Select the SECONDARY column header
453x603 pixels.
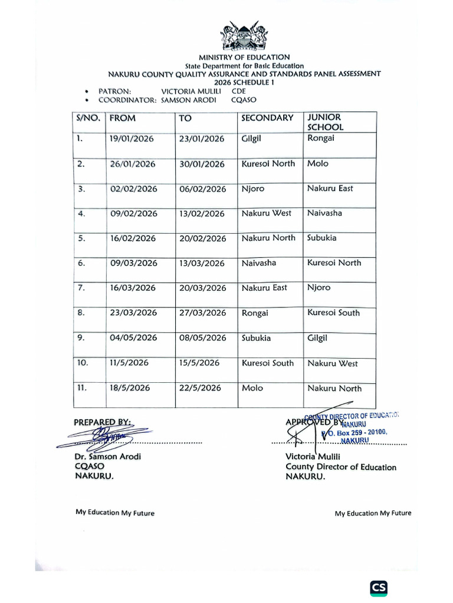coord(267,118)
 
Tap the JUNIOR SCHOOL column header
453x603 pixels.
coord(325,122)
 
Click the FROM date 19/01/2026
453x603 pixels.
coord(132,139)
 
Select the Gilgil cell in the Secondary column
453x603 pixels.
coord(254,139)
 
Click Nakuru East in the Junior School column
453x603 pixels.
coord(330,188)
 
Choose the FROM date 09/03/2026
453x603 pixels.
coord(133,263)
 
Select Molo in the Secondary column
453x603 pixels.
coord(252,388)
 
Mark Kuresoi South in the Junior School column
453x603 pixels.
coord(333,313)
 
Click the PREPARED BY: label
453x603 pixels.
coord(103,422)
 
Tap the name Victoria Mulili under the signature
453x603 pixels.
coord(313,456)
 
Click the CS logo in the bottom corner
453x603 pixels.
coord(379,588)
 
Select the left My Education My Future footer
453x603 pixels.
coord(115,512)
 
